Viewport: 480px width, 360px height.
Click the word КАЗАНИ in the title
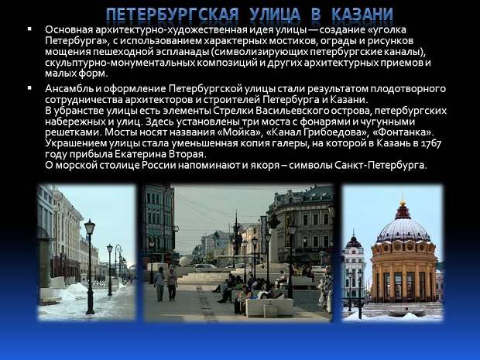tap(362, 15)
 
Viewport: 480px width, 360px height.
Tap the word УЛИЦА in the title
tap(275, 15)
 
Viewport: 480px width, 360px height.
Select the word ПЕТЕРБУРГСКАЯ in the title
tap(173, 15)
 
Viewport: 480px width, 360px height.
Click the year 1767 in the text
tap(432, 143)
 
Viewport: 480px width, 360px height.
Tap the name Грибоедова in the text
tap(333, 132)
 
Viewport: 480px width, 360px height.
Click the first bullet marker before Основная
tap(29, 29)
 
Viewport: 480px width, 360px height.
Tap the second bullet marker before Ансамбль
tap(29, 87)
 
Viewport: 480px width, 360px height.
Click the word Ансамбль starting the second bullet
tap(69, 89)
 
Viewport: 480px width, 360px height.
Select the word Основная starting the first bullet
tap(69, 30)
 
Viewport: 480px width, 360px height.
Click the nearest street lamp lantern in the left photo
tap(90, 228)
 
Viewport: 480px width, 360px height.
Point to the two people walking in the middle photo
tap(166, 284)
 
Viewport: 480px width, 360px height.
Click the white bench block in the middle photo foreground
tap(269, 307)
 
